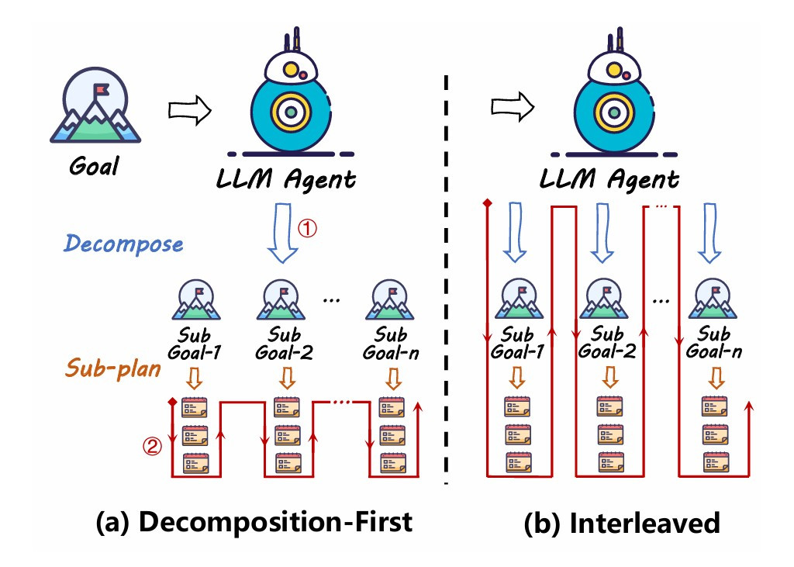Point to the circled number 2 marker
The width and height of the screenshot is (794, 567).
coord(153,445)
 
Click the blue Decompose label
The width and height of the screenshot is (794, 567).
coord(124,244)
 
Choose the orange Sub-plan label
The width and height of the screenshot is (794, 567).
coord(112,367)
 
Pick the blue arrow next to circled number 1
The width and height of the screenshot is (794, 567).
coord(283,233)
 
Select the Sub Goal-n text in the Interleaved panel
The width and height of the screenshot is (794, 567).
coord(714,343)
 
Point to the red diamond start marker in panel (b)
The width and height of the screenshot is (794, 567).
coord(487,203)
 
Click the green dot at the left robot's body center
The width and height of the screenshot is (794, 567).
coord(288,112)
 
